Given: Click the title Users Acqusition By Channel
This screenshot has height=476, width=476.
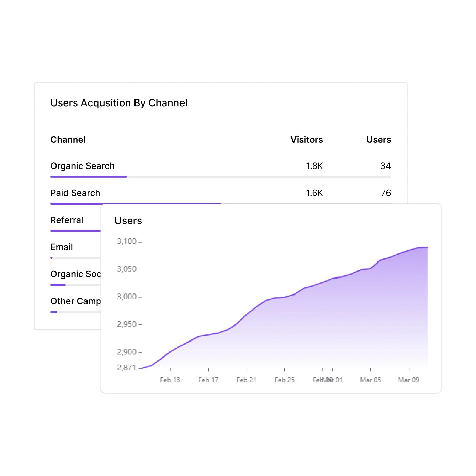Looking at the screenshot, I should pos(119,103).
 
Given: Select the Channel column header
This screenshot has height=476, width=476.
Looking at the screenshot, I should pos(68,140).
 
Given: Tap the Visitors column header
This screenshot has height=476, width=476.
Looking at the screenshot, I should pos(306,140).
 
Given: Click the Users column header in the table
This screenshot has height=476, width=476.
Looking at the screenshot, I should pos(379,140).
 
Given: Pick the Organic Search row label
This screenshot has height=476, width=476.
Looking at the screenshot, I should pos(82,166).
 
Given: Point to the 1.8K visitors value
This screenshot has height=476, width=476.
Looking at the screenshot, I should pos(314,166).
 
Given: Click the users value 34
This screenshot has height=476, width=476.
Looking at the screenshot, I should pos(385,166).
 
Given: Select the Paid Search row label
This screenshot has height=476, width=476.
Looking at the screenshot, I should pos(75,193).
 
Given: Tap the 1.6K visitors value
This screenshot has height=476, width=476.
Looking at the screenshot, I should pos(314,193).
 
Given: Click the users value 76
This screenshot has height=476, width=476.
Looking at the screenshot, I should pos(386,193).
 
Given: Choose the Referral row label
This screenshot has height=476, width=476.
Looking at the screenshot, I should pos(67,220).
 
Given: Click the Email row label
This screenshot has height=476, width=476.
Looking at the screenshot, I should pos(62,247).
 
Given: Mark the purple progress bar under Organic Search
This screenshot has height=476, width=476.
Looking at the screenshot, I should pos(89,177).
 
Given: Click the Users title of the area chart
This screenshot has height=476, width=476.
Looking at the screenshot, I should pos(128,221).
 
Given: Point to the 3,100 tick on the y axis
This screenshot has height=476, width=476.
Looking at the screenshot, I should pos(127,241).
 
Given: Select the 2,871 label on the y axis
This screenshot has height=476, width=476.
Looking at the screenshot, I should pos(126,368).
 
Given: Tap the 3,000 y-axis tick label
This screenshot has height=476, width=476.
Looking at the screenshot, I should pos(127,297).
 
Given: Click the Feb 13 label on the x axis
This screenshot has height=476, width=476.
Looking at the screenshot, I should pos(170,380).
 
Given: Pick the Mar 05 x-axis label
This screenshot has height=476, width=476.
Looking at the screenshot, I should pos(370,380).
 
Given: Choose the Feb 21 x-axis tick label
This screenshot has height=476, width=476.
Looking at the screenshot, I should pos(247,380).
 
